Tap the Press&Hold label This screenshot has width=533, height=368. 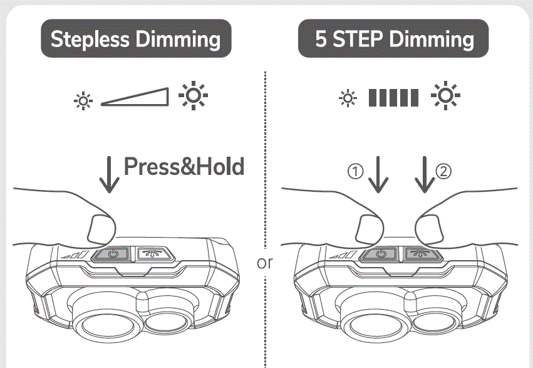(x=184, y=167)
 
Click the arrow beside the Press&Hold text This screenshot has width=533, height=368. (x=110, y=175)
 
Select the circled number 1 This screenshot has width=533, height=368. (x=355, y=171)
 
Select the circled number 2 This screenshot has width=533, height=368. (x=443, y=171)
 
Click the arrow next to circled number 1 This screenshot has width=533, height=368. (x=378, y=175)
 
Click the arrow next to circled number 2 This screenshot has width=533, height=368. (x=425, y=175)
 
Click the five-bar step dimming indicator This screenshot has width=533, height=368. (x=393, y=98)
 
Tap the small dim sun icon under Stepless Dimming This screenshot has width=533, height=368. (x=81, y=100)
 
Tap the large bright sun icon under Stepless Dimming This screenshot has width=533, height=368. (x=193, y=97)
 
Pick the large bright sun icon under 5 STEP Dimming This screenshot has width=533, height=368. (x=445, y=97)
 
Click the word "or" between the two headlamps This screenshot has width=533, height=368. (x=265, y=263)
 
